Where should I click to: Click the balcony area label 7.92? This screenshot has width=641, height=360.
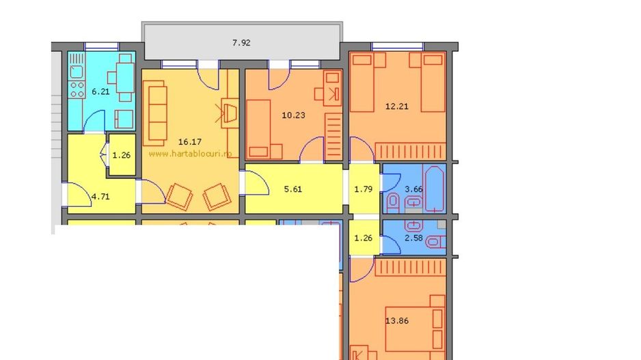(x=241, y=42)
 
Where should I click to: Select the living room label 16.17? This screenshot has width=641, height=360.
(x=189, y=142)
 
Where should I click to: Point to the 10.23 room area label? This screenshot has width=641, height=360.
(x=293, y=115)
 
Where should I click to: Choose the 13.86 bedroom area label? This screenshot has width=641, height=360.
(x=397, y=320)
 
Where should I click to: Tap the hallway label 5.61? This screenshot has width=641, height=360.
(x=292, y=189)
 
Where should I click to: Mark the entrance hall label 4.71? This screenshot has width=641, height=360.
(x=100, y=197)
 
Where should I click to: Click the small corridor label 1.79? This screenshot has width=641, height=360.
(x=364, y=189)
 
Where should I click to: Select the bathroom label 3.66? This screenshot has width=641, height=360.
(x=413, y=189)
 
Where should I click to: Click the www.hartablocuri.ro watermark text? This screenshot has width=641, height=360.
(x=190, y=154)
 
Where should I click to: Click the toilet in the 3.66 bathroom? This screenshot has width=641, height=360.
(x=393, y=202)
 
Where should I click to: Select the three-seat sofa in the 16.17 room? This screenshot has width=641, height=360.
(x=156, y=110)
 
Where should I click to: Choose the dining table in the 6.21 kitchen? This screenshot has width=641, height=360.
(x=124, y=72)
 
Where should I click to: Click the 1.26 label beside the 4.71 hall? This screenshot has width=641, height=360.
(x=121, y=155)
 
